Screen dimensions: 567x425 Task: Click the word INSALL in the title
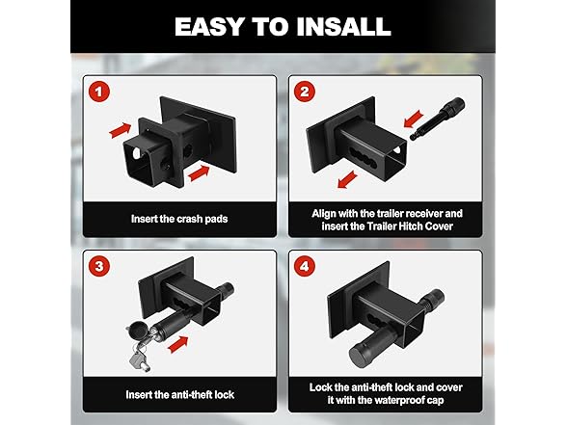344,27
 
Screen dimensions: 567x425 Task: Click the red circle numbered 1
99,92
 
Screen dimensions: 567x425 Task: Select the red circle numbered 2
305,92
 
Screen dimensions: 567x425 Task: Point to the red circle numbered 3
99,266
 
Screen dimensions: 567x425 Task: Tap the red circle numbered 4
305,266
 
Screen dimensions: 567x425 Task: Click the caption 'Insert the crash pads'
179,219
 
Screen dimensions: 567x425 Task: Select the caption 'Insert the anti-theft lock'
180,394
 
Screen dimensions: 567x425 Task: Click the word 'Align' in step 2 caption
324,214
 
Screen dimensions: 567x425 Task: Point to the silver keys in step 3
139,358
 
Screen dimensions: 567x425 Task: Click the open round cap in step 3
138,330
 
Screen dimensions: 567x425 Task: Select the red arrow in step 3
178,344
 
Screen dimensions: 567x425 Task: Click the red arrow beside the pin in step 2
414,119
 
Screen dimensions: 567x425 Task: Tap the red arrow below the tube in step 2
347,179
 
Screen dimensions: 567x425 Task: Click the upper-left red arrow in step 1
120,130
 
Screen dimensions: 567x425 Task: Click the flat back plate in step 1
211,130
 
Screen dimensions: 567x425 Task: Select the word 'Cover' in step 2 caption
439,226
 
